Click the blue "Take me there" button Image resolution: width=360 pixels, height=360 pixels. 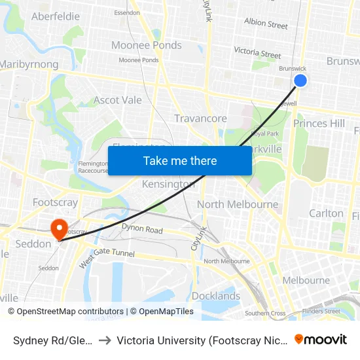click(180, 160)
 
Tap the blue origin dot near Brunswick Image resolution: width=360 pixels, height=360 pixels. click(300, 81)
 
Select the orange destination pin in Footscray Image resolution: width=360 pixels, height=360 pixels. click(59, 228)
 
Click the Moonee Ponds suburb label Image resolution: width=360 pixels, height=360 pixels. click(147, 45)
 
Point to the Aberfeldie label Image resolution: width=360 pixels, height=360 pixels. click(56, 16)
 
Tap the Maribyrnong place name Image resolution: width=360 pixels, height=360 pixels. click(29, 64)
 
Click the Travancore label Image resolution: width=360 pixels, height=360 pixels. click(200, 118)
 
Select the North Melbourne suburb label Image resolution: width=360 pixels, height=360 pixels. click(238, 204)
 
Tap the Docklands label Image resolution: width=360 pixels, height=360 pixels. click(216, 296)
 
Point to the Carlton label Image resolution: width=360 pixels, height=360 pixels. click(326, 213)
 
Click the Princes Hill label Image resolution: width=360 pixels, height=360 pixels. click(319, 123)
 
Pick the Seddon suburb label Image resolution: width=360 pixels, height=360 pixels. click(33, 244)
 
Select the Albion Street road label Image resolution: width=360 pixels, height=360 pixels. click(266, 24)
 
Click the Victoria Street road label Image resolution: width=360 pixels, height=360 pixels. click(257, 52)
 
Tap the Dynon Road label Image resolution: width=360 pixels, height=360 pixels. click(141, 228)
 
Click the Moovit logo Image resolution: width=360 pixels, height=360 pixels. click(321, 339)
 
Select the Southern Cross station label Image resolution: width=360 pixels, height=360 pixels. click(265, 314)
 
